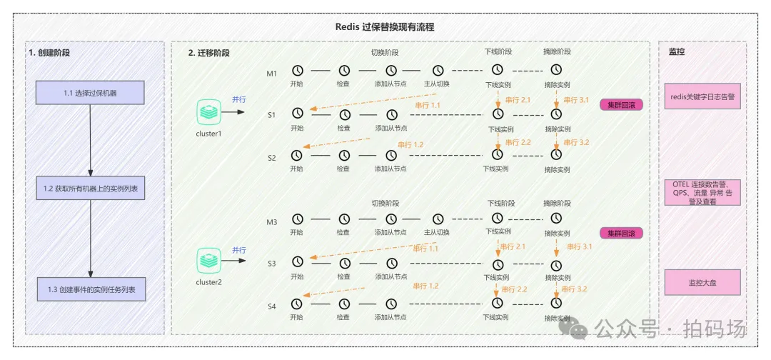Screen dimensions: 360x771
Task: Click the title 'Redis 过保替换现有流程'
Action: point(385,27)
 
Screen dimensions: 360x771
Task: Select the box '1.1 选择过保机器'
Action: point(91,93)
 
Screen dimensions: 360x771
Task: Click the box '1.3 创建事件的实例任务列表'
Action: point(91,289)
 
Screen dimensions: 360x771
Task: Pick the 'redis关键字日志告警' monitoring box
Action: point(702,96)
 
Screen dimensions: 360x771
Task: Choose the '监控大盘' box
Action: point(702,282)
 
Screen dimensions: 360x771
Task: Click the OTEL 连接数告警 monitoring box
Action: point(702,192)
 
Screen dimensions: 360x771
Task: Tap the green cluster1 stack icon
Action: point(208,111)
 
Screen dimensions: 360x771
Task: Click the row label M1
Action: point(271,73)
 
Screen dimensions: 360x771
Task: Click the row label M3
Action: point(271,222)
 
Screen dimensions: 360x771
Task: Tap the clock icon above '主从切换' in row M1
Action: point(438,70)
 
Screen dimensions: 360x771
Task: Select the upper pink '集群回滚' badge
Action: point(621,105)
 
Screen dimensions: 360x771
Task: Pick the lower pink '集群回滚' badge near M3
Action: point(621,234)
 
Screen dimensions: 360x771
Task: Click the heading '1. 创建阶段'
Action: point(49,53)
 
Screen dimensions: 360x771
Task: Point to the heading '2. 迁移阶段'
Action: point(209,53)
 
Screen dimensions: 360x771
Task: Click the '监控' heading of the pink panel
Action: point(677,52)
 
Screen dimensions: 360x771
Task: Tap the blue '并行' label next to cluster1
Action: point(238,99)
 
